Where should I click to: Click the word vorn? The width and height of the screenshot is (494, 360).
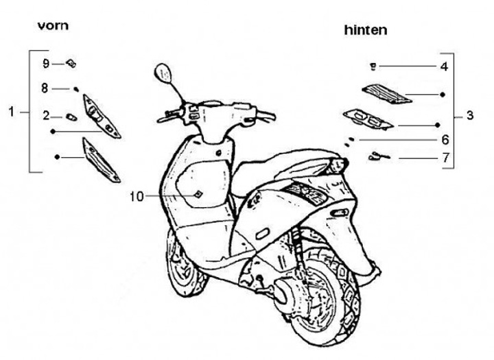[53, 26]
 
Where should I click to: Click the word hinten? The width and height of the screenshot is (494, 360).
[365, 30]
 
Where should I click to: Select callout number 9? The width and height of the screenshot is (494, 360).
[46, 64]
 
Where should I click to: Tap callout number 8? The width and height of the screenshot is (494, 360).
[46, 88]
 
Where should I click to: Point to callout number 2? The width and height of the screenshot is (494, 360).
[46, 115]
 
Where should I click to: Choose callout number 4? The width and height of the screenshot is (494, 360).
[444, 67]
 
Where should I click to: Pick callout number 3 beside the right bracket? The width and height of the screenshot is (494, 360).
[469, 116]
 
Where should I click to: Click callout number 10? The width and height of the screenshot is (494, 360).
[137, 197]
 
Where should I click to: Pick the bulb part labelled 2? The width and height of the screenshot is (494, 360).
[70, 115]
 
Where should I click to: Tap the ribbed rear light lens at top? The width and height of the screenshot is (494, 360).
[386, 93]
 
